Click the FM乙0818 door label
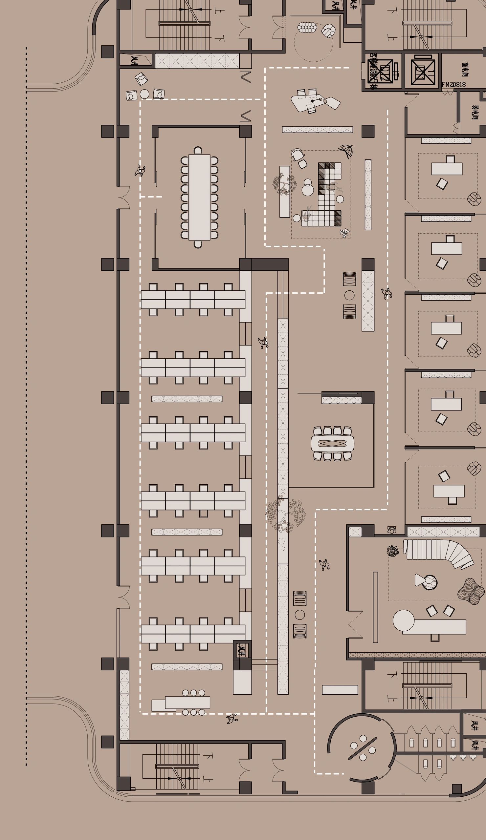(x=453, y=85)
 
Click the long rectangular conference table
(x=199, y=197)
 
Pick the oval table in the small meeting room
(x=332, y=443)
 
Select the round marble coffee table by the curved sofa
(x=430, y=582)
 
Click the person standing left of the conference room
(x=140, y=171)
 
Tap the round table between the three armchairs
(x=144, y=94)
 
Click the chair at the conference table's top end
(x=198, y=150)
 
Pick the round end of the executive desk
(x=403, y=620)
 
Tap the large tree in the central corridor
(x=286, y=514)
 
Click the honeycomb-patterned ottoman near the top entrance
(x=307, y=27)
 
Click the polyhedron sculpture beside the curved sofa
(x=393, y=551)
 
